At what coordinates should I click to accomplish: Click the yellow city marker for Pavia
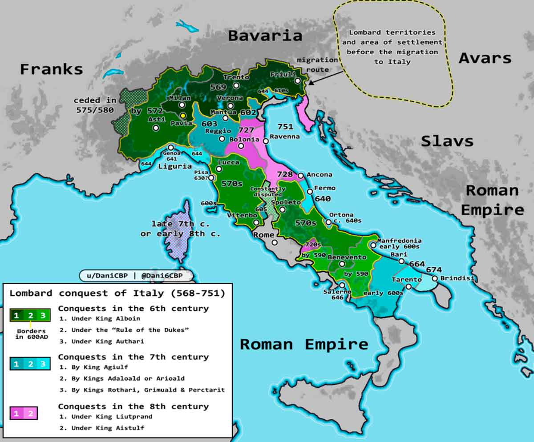tap(183, 115)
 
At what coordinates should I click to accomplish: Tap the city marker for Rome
tap(275, 243)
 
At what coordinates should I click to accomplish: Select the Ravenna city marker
tap(266, 141)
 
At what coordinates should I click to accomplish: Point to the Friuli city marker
tap(297, 81)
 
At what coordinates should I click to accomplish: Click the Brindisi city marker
tap(434, 278)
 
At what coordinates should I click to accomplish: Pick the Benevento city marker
tap(342, 264)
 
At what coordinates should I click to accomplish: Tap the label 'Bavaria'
tap(265, 36)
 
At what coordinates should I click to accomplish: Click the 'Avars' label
tap(485, 58)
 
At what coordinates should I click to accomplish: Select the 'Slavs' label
tap(447, 141)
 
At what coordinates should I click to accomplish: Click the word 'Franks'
tap(51, 69)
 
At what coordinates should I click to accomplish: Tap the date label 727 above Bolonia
tap(246, 130)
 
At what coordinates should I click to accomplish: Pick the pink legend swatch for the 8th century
tap(23, 414)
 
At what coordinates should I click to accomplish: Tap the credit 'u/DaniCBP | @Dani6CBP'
tap(136, 276)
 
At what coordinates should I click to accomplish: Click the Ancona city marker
tap(300, 176)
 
